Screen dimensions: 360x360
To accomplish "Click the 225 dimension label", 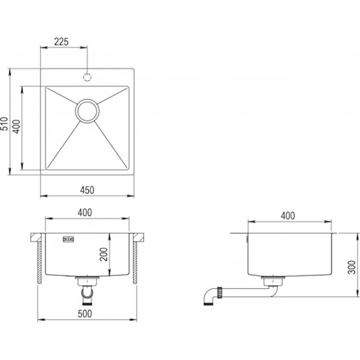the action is click(x=61, y=42).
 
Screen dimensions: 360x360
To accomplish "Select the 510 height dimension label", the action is click(x=5, y=124).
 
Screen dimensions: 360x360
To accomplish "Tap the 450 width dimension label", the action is click(x=87, y=190).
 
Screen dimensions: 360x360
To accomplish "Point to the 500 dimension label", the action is click(x=85, y=314).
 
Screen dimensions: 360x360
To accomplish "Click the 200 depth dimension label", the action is click(x=104, y=254).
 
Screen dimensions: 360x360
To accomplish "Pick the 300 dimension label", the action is click(x=351, y=267).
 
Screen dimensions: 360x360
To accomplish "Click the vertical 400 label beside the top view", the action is click(x=17, y=126).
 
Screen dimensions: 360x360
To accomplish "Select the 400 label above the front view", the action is click(x=85, y=212).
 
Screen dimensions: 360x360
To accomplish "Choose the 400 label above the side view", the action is click(x=288, y=216).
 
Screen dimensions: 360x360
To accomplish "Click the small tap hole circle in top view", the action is click(x=87, y=78).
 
